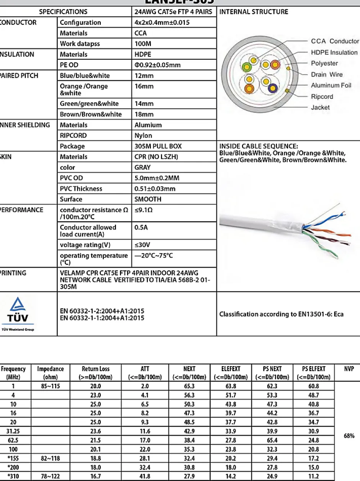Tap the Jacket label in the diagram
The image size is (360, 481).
320,108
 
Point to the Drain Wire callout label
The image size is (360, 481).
327,74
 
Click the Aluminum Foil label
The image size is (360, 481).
331,85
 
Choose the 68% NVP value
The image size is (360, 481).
349,436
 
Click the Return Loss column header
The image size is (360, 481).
95,373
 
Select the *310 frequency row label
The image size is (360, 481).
13,476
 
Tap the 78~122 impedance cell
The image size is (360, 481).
50,476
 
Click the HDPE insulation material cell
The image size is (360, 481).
143,54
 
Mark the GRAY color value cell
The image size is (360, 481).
142,167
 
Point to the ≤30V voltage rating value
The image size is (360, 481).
142,245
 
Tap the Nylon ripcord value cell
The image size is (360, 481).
143,136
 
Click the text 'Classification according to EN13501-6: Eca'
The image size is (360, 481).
281,314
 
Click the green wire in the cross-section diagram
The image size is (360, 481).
247,67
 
